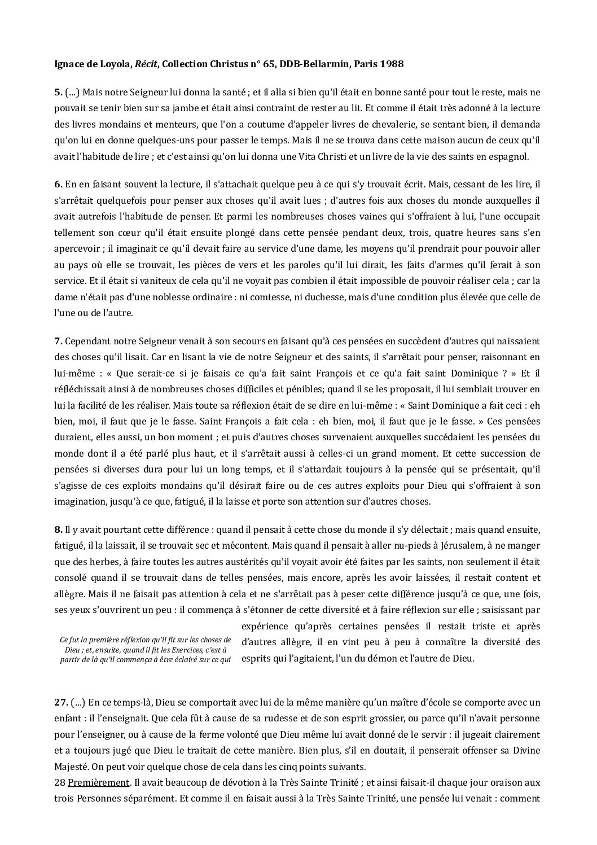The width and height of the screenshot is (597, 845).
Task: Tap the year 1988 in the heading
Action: click(x=391, y=64)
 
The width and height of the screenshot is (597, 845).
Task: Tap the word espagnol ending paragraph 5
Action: click(x=511, y=157)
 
